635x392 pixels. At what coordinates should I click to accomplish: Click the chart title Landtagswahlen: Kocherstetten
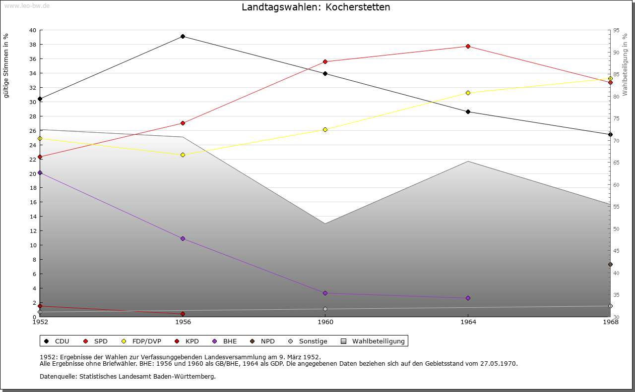pyautogui.click(x=316, y=7)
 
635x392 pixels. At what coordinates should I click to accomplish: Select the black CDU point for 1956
pyautogui.click(x=183, y=36)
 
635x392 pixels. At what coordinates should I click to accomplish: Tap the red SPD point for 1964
pyautogui.click(x=468, y=47)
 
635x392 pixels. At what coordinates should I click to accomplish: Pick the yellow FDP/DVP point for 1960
pyautogui.click(x=325, y=129)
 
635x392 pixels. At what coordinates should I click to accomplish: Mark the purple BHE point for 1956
pyautogui.click(x=183, y=238)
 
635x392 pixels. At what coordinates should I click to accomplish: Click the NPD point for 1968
pyautogui.click(x=610, y=264)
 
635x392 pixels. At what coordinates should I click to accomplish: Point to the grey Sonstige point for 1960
pyautogui.click(x=325, y=309)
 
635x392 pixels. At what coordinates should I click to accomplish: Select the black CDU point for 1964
pyautogui.click(x=468, y=112)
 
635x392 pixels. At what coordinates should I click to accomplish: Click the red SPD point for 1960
pyautogui.click(x=325, y=61)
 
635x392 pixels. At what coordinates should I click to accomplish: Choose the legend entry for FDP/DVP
pyautogui.click(x=146, y=341)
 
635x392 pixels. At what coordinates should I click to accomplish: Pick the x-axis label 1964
pyautogui.click(x=468, y=322)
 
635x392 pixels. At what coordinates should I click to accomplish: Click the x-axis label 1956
pyautogui.click(x=183, y=322)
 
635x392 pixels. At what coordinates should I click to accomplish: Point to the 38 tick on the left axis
pyautogui.click(x=32, y=45)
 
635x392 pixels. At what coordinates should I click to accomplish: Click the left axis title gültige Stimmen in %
pyautogui.click(x=6, y=65)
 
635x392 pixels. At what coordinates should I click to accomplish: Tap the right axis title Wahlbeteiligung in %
pyautogui.click(x=625, y=64)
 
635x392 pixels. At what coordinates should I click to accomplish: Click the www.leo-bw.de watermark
pyautogui.click(x=27, y=5)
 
